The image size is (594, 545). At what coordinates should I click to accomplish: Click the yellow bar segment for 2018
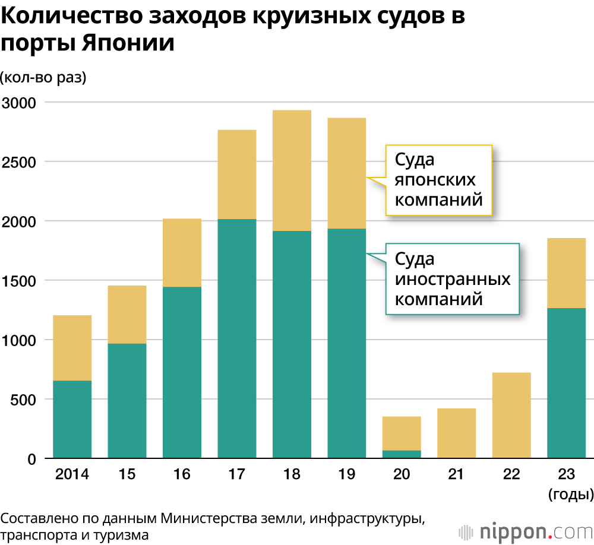pos(292,170)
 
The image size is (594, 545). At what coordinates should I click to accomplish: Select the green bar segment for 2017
pos(237,338)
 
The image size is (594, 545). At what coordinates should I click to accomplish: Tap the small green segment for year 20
pos(402,454)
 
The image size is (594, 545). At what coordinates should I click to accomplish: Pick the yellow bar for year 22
pos(511,415)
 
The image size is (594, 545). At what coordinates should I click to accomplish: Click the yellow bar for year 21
pos(457,433)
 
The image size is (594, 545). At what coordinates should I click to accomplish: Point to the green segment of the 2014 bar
pos(72,419)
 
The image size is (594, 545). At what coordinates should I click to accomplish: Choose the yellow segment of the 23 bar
pos(566,272)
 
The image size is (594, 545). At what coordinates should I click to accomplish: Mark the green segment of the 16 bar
pos(182,372)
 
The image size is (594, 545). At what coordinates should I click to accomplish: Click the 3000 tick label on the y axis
pos(20,102)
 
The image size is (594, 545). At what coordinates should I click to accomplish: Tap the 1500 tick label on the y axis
pos(20,280)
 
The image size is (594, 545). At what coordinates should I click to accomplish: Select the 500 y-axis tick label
pos(24,399)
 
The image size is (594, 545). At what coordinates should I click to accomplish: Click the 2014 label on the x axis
pos(72,474)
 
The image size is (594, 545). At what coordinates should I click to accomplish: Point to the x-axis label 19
pos(347,474)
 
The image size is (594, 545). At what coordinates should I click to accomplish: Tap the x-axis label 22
pos(511,474)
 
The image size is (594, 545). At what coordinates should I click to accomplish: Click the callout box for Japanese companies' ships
pos(439,179)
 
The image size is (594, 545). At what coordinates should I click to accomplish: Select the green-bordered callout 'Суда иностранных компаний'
pos(453,278)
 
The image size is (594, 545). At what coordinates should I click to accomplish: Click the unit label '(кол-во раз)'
pos(43,78)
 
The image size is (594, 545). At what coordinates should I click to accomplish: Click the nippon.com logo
pos(523,530)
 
